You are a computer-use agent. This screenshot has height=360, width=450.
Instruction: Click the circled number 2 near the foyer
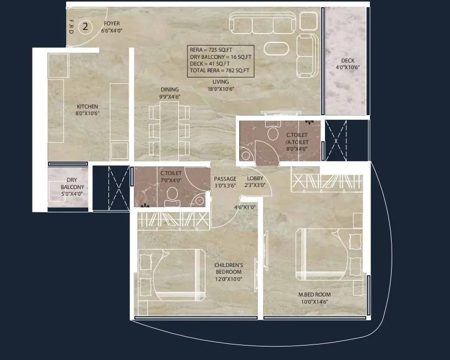(x=86, y=25)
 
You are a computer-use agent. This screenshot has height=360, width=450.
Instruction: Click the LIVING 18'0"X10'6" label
(x=221, y=85)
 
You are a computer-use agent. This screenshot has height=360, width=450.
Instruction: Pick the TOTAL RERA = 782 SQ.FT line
(x=220, y=70)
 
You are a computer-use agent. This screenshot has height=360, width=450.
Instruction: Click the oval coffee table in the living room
(x=278, y=48)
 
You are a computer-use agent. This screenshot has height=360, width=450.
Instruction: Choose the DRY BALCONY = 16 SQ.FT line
(x=220, y=57)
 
